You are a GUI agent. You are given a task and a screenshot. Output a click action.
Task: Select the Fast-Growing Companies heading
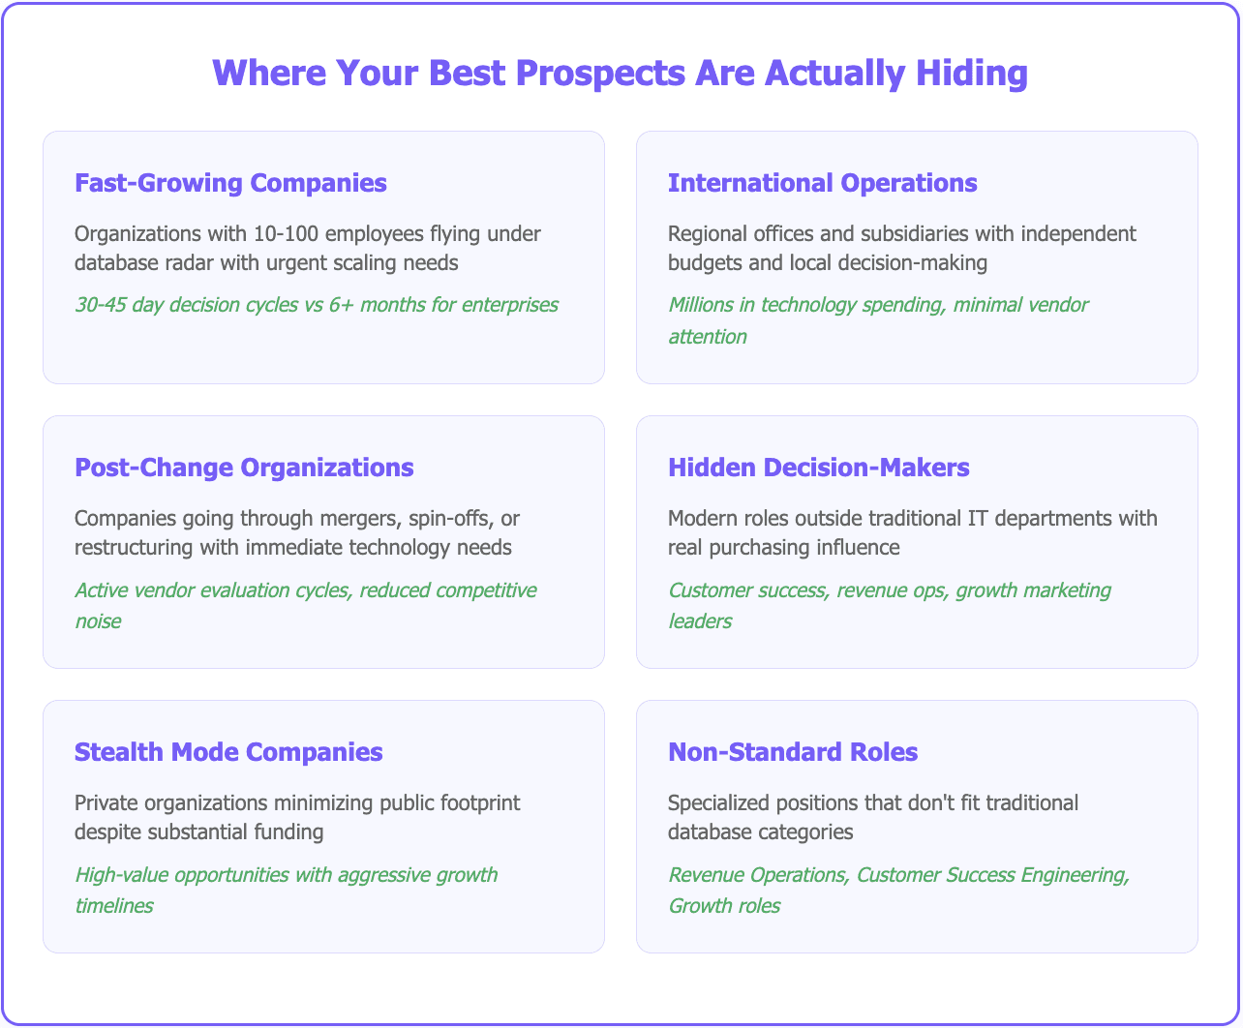pyautogui.click(x=230, y=183)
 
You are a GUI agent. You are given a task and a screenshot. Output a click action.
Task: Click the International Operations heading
pyautogui.click(x=822, y=183)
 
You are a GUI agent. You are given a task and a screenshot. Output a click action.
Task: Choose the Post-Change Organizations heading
pyautogui.click(x=244, y=468)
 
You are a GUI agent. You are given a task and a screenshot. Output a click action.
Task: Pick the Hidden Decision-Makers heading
pyautogui.click(x=818, y=468)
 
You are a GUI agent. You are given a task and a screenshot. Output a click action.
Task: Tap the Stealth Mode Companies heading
pyautogui.click(x=228, y=752)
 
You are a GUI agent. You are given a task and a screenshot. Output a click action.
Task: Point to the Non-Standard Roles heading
pyautogui.click(x=793, y=752)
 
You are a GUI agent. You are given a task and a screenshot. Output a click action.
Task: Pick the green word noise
pyautogui.click(x=98, y=620)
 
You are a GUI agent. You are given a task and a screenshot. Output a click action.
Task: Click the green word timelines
pyautogui.click(x=113, y=905)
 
